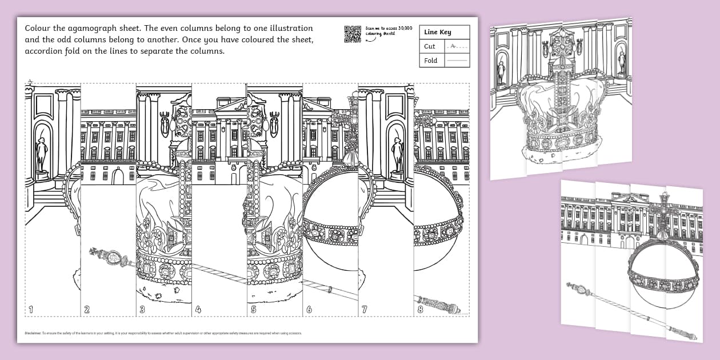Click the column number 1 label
tap(31, 310)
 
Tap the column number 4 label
tap(198, 310)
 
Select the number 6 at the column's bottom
tap(309, 310)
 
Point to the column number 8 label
tap(421, 310)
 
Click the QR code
tap(353, 34)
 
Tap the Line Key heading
tap(437, 33)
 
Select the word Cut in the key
tap(430, 47)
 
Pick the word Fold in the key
tap(431, 61)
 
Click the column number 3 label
tap(142, 310)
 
